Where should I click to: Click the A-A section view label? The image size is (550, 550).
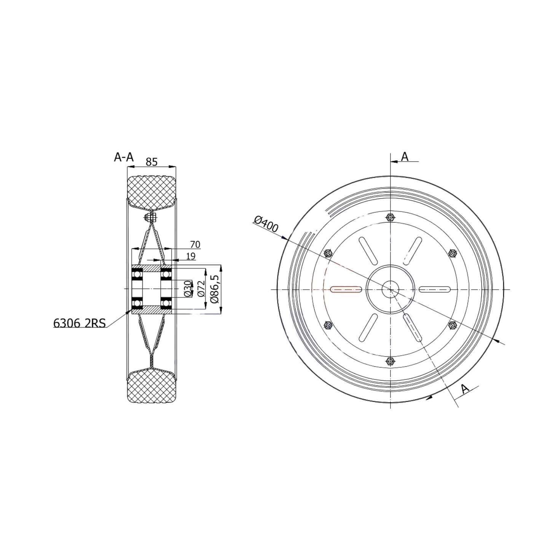pyautogui.click(x=124, y=157)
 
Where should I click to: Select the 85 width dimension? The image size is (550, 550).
pyautogui.click(x=151, y=162)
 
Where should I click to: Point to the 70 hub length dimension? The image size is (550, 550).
pyautogui.click(x=195, y=244)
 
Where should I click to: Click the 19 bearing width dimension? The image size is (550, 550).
pyautogui.click(x=190, y=256)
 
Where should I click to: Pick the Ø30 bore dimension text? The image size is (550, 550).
pyautogui.click(x=188, y=289)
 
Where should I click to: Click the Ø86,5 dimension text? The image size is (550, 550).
pyautogui.click(x=215, y=289)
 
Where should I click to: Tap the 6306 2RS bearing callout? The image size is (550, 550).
pyautogui.click(x=79, y=323)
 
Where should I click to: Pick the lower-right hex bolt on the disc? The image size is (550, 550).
pyautogui.click(x=452, y=325)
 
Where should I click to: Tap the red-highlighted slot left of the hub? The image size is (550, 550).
pyautogui.click(x=346, y=289)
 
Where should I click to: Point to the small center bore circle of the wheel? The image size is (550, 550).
pyautogui.click(x=391, y=289)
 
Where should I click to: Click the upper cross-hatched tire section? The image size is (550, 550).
pyautogui.click(x=151, y=191)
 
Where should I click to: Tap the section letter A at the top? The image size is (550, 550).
pyautogui.click(x=405, y=156)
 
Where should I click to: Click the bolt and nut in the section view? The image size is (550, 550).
pyautogui.click(x=151, y=218)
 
